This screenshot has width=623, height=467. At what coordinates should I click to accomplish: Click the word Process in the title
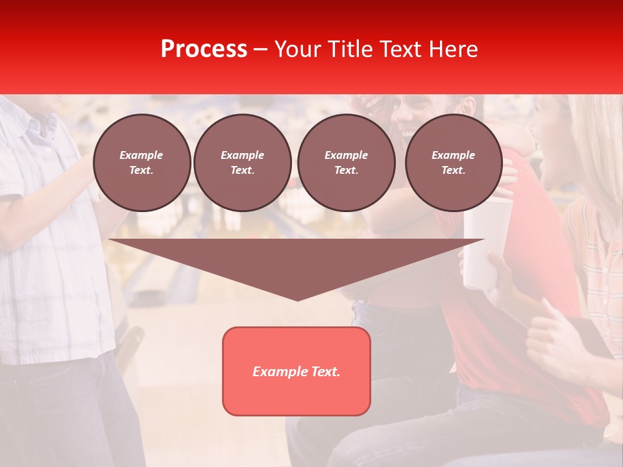(x=204, y=49)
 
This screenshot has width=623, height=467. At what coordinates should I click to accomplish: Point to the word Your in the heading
(x=298, y=49)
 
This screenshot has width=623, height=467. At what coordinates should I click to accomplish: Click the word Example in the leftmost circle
(x=141, y=155)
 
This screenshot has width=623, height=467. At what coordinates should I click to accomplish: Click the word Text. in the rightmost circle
(x=454, y=170)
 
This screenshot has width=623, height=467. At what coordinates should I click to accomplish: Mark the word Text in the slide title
(x=401, y=49)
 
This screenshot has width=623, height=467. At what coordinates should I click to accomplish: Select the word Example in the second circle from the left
(x=243, y=155)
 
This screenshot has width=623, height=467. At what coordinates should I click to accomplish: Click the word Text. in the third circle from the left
(x=346, y=170)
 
